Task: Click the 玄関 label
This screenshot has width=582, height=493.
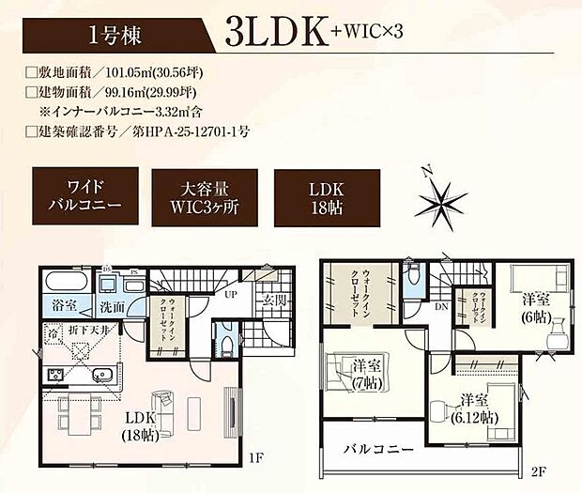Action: [278, 300]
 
